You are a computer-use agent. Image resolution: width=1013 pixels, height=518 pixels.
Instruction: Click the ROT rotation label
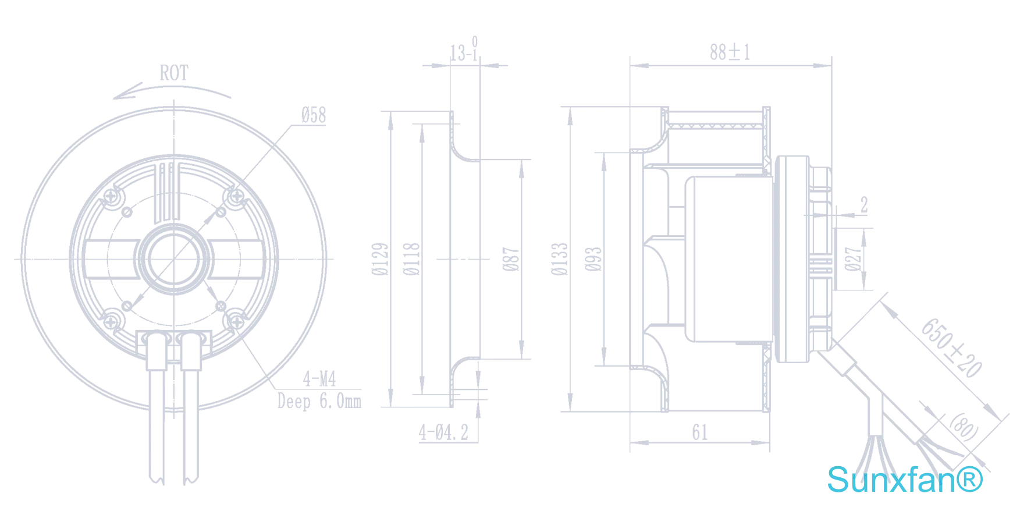coord(174,73)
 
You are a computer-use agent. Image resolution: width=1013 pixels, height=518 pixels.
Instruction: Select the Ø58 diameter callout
coord(314,115)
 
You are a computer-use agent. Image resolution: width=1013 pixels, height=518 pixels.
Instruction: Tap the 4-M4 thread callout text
coord(319,379)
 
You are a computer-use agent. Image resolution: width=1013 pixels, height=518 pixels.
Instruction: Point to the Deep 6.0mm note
coord(319,401)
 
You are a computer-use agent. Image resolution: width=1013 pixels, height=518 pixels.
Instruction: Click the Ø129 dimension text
coord(380,259)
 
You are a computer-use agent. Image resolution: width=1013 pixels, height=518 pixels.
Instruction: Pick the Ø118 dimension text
coord(411,259)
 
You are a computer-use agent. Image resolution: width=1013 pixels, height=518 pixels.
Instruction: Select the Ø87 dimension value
coord(510,259)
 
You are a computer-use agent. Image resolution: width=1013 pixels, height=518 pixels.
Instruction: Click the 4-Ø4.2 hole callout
coord(443,432)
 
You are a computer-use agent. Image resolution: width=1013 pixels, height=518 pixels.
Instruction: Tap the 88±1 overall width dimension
coord(730,52)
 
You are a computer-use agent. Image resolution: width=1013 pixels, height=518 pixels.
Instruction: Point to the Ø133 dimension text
coord(559,259)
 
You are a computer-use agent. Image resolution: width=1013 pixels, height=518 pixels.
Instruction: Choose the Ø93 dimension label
coord(593,259)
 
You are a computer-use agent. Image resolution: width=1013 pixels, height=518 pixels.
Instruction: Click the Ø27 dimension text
coord(852,259)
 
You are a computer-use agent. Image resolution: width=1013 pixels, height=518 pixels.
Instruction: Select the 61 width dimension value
coord(700,432)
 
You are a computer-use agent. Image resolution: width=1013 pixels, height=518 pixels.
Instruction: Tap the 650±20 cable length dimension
coord(951,347)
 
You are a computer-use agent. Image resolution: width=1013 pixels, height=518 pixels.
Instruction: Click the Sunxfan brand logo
coord(905,480)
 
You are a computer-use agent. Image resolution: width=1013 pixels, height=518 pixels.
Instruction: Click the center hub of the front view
coord(174,259)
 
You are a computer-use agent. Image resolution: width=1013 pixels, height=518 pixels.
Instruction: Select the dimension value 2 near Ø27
coord(864,205)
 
